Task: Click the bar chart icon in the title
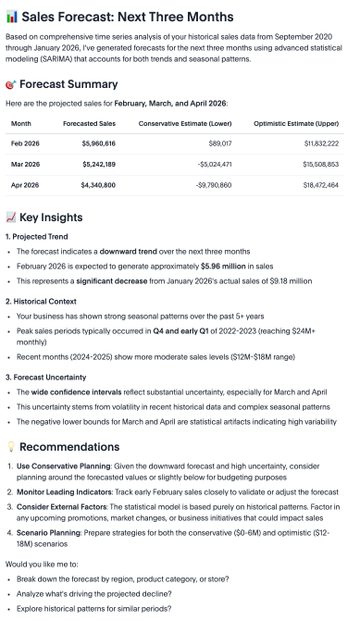click(x=10, y=16)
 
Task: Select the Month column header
click(x=21, y=123)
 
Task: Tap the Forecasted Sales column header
click(x=89, y=123)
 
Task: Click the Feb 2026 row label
click(x=25, y=144)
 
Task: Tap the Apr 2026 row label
click(x=25, y=185)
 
